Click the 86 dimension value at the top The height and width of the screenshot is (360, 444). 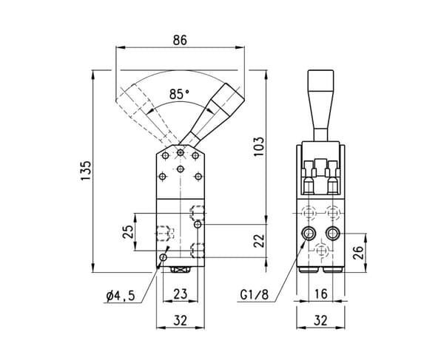tap(180, 40)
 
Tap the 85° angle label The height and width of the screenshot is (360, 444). tap(179, 94)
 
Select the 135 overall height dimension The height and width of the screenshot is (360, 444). tap(86, 171)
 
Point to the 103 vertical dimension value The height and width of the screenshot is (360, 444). tap(258, 146)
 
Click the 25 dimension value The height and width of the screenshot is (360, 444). tap(128, 232)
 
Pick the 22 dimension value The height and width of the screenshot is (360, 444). tap(259, 241)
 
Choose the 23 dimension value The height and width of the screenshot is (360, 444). tap(181, 293)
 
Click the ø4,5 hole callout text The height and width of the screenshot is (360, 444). tap(121, 296)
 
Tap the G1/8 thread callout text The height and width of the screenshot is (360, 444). tap(254, 295)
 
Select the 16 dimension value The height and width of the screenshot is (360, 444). tap(321, 294)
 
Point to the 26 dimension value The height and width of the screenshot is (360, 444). tap(358, 253)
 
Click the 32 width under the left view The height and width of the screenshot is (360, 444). tap(181, 320)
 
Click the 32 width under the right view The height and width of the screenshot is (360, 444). tap(321, 320)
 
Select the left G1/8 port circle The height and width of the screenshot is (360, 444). tap(309, 234)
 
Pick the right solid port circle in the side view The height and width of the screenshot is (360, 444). tap(332, 234)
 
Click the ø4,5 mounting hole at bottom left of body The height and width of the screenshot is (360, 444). tap(163, 257)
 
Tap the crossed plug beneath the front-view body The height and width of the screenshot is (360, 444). tap(180, 270)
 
